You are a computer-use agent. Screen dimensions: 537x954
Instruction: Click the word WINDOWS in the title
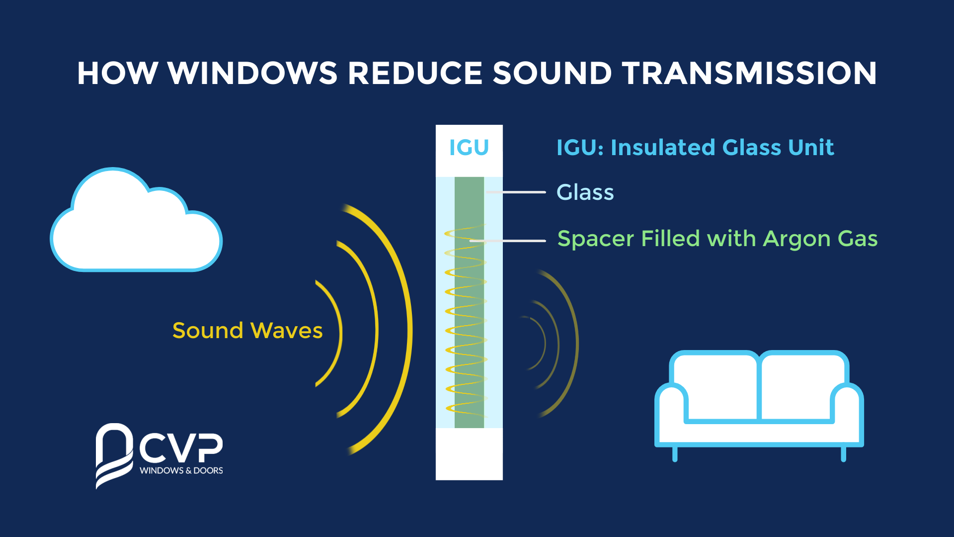coord(252,74)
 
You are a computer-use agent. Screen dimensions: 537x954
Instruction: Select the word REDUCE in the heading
coord(415,74)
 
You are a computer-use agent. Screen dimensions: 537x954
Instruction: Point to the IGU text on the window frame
coord(469,148)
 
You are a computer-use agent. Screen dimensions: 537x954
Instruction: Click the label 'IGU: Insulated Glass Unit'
coord(695,148)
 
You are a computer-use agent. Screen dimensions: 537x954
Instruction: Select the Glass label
coord(585,192)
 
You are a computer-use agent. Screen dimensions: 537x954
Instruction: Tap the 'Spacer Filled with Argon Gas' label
coord(717,239)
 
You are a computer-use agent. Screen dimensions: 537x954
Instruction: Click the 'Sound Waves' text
coord(247,331)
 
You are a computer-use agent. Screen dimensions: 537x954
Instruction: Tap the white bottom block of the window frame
coord(469,453)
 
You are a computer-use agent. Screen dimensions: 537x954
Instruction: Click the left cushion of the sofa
coord(715,385)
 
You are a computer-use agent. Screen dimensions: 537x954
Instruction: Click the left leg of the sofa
coord(675,454)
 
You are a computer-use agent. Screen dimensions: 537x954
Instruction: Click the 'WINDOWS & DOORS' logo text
coord(181,470)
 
